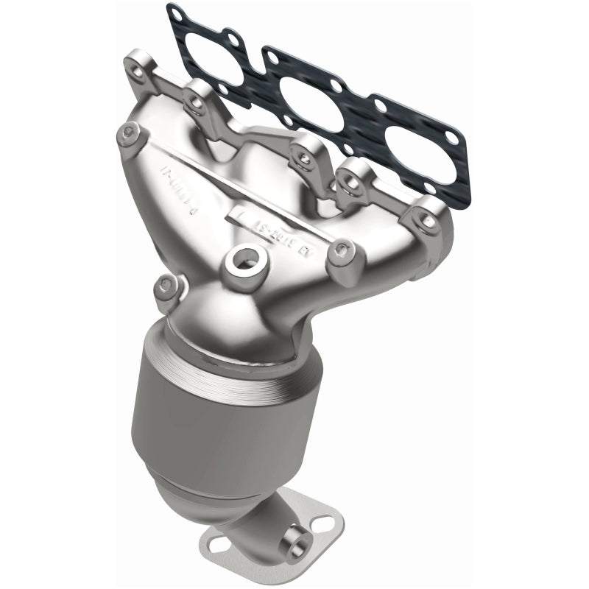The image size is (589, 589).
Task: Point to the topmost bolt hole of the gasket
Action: [174, 11]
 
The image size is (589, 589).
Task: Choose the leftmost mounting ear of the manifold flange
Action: [136, 58]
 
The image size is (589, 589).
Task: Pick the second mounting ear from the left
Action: [195, 99]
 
